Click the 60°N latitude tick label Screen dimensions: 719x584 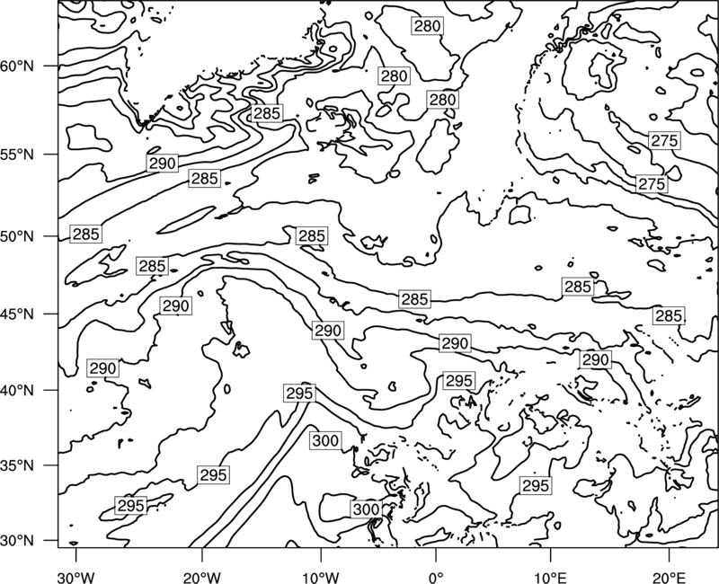[x=17, y=66]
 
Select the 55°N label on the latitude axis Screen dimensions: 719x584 [x=17, y=155]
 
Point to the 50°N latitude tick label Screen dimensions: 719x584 [x=17, y=236]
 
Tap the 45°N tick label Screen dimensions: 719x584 [x=17, y=314]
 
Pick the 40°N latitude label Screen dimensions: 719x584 [x=17, y=391]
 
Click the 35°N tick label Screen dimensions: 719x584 [x=17, y=465]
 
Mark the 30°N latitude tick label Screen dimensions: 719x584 [x=17, y=541]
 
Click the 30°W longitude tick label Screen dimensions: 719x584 [x=75, y=577]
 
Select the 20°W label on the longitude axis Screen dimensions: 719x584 [x=202, y=577]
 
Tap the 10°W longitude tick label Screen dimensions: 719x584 [x=320, y=577]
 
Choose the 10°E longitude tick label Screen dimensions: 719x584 [x=550, y=577]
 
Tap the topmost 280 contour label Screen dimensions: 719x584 [x=428, y=26]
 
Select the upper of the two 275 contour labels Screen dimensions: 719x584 [x=664, y=141]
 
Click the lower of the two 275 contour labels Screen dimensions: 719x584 [x=652, y=184]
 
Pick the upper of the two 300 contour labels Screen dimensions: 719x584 [x=325, y=441]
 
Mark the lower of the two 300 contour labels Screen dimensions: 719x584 [x=367, y=509]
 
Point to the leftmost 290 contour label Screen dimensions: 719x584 [x=103, y=368]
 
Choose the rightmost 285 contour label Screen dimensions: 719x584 [x=669, y=316]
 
